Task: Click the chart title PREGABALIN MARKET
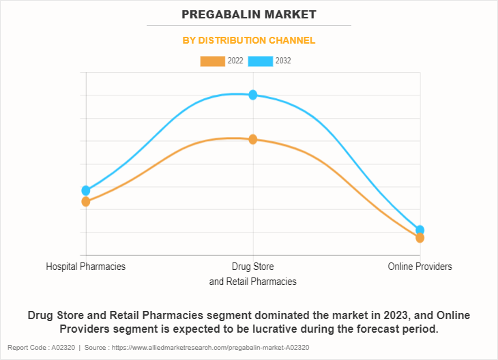[x=249, y=14]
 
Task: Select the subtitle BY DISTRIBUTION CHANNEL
[x=249, y=40]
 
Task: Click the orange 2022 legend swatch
[x=212, y=61]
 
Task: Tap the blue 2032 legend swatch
[x=260, y=61]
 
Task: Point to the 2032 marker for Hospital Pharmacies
[x=86, y=190]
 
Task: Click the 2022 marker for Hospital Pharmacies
[x=86, y=202]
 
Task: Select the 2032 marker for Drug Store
[x=253, y=95]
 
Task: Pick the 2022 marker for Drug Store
[x=253, y=139]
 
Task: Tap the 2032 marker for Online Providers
[x=420, y=230]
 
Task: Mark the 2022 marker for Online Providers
[x=420, y=238]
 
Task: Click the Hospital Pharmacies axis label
[x=86, y=267]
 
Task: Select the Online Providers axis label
[x=420, y=267]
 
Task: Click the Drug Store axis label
[x=253, y=267]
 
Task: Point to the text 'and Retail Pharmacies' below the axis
[x=253, y=282]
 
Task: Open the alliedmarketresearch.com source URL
[x=212, y=348]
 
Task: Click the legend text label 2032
[x=283, y=61]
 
